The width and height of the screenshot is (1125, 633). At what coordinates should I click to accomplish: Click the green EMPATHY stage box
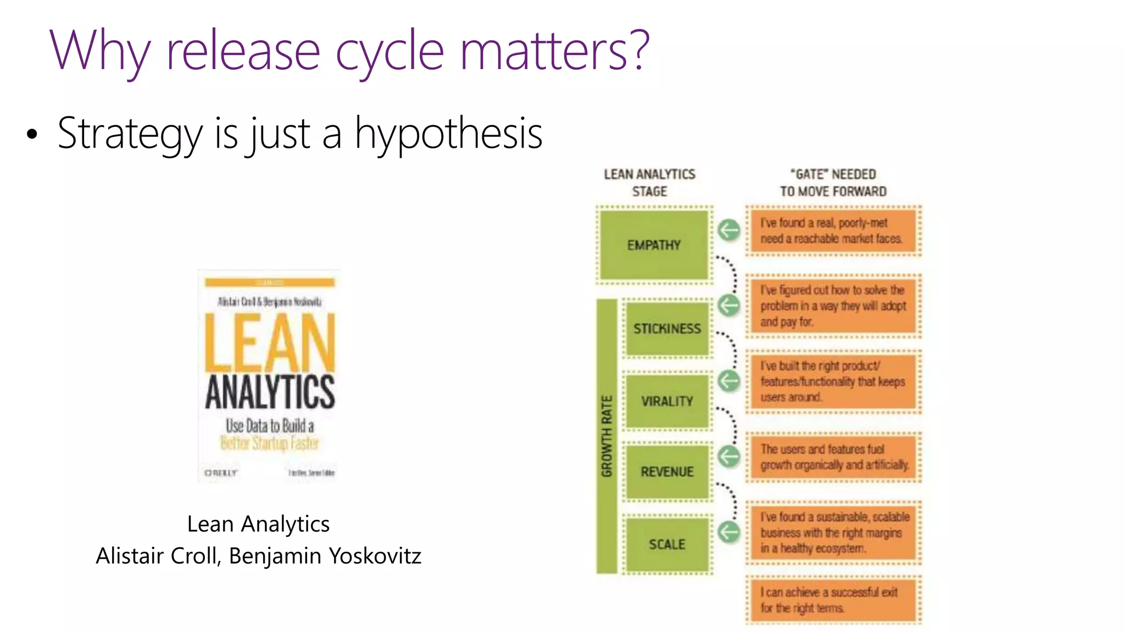654,245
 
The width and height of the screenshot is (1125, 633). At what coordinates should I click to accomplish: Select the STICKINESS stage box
667,329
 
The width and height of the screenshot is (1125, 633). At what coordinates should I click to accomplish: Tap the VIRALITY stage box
667,401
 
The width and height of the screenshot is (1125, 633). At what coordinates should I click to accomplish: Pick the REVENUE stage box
667,471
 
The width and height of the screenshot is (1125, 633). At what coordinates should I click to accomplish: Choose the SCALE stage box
667,544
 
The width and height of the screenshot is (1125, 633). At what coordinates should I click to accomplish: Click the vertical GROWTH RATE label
606,436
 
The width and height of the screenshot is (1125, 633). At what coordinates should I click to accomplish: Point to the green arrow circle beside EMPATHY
729,230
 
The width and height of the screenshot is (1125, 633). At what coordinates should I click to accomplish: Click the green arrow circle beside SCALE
729,531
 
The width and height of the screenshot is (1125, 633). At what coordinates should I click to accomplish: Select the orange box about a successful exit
833,600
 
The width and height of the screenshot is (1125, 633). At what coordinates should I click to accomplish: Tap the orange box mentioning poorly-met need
833,231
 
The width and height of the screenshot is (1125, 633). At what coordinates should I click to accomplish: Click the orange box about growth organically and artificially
833,457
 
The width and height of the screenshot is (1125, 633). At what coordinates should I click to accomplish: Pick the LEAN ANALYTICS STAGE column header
649,182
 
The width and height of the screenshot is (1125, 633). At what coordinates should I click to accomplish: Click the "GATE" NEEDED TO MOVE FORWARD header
833,182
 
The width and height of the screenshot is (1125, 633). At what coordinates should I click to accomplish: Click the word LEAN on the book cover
269,343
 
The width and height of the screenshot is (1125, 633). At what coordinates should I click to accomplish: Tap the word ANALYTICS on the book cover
269,392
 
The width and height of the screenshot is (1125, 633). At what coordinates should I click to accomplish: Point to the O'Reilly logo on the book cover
221,473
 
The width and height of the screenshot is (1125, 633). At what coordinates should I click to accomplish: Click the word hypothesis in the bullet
448,134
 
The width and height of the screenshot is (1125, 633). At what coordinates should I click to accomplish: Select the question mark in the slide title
638,51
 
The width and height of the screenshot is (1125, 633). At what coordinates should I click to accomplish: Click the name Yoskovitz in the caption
375,556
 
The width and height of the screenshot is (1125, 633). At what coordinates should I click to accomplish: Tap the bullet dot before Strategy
32,134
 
